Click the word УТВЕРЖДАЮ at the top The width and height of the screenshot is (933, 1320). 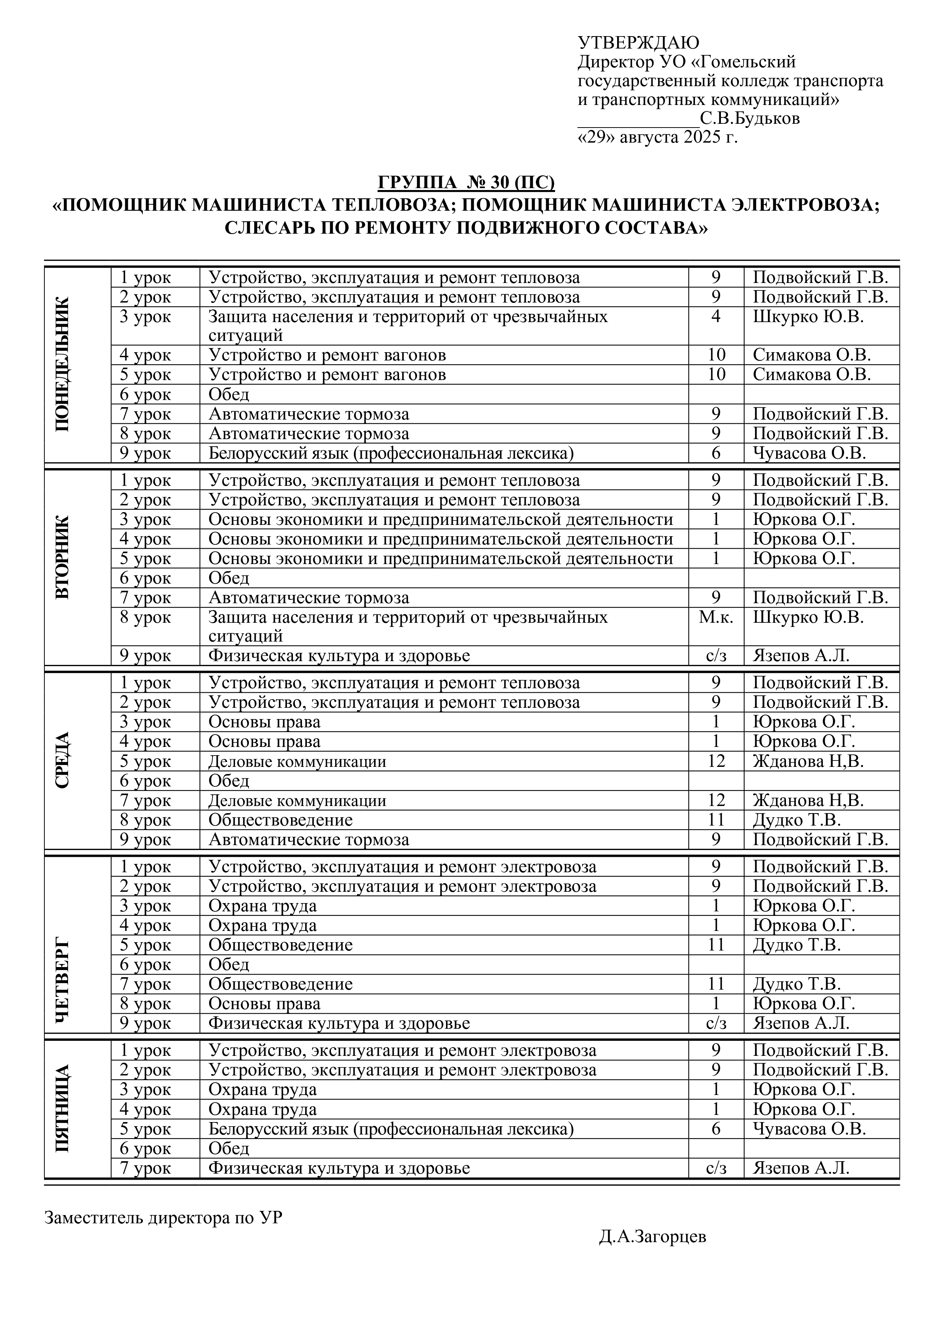point(638,43)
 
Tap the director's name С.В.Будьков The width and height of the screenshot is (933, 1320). point(750,119)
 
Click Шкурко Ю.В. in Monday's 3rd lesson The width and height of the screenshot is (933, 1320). point(808,317)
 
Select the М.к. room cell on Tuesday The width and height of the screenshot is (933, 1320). point(716,617)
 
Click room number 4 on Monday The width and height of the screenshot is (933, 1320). point(716,317)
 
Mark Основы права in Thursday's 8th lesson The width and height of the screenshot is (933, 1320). point(264,1003)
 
